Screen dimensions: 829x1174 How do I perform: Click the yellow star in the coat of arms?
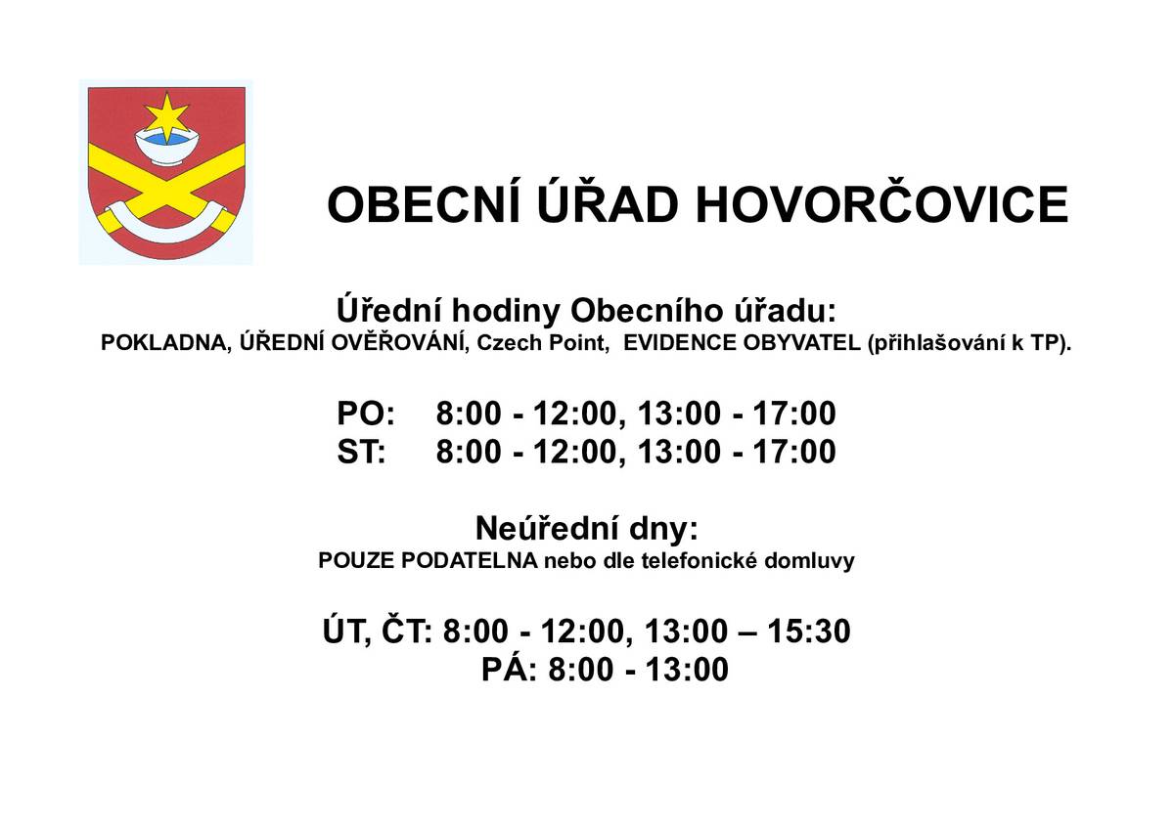click(x=166, y=116)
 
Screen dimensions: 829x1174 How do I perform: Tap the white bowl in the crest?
click(x=166, y=149)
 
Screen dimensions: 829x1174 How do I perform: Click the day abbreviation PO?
click(x=366, y=414)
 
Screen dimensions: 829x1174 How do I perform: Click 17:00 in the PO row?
click(x=794, y=414)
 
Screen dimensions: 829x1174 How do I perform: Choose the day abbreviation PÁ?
click(x=510, y=671)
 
